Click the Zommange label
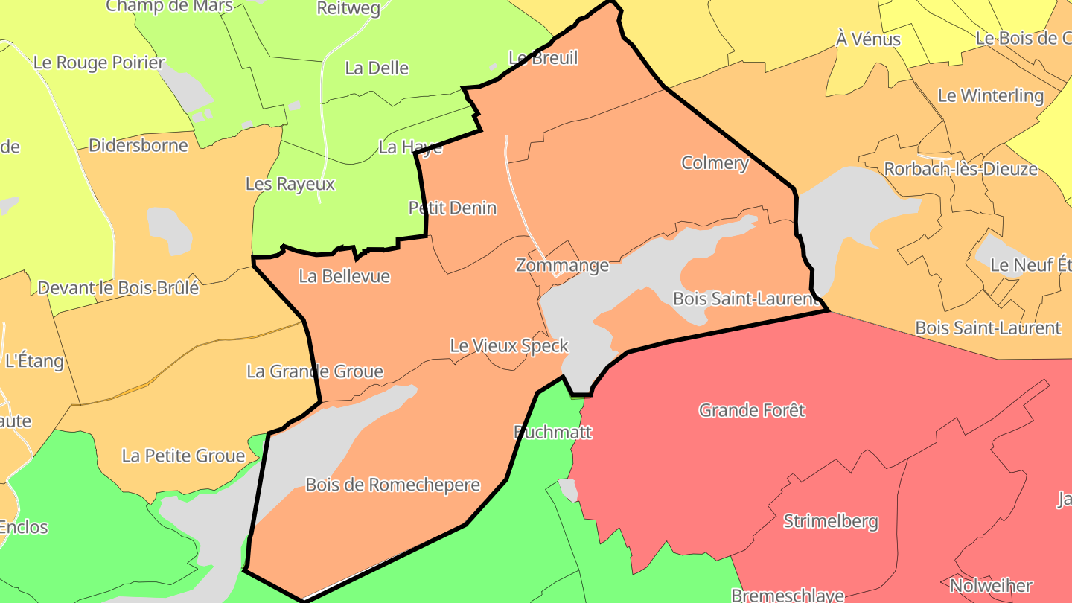click(562, 265)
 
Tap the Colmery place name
click(715, 163)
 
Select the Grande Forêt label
click(752, 410)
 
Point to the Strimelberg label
click(831, 521)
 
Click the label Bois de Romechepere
click(393, 485)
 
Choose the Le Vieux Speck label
click(509, 346)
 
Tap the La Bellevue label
click(344, 276)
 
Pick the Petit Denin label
click(453, 208)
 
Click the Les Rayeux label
click(290, 184)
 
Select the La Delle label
click(377, 68)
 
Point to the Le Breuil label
click(543, 58)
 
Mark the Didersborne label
click(138, 145)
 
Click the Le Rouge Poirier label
click(99, 63)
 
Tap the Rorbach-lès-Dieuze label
click(960, 169)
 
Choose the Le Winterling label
click(991, 96)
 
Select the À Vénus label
click(868, 39)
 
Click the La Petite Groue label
click(183, 456)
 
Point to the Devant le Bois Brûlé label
click(118, 287)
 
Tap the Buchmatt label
click(553, 432)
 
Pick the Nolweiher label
click(991, 586)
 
